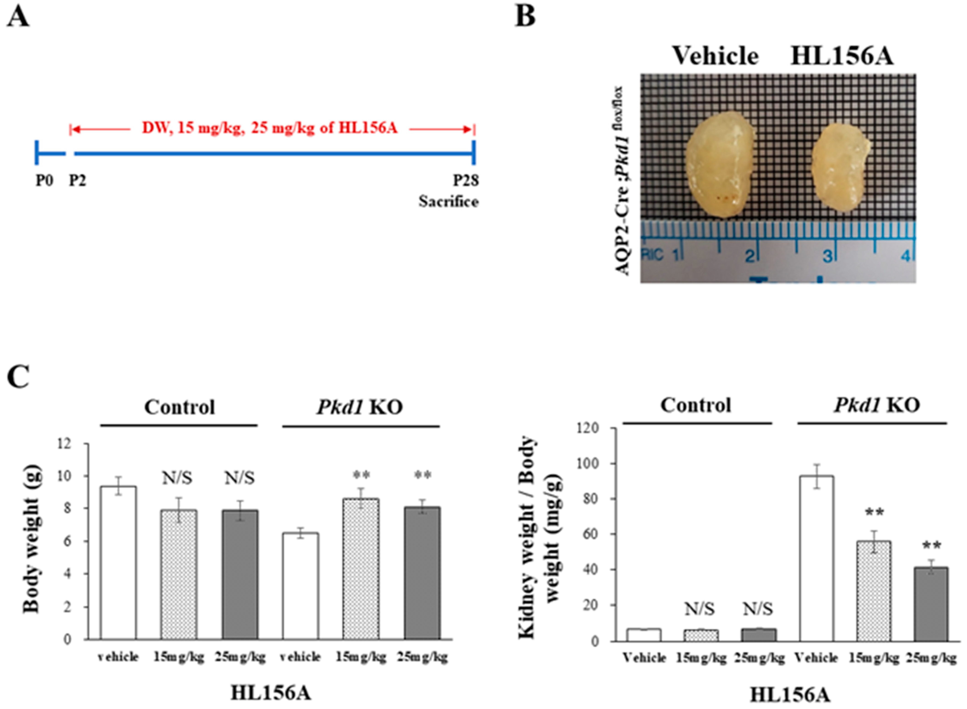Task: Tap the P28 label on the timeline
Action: point(466,181)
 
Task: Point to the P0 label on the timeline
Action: point(44,181)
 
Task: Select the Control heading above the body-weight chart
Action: point(179,407)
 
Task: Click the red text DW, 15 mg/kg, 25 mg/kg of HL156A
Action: point(270,127)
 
